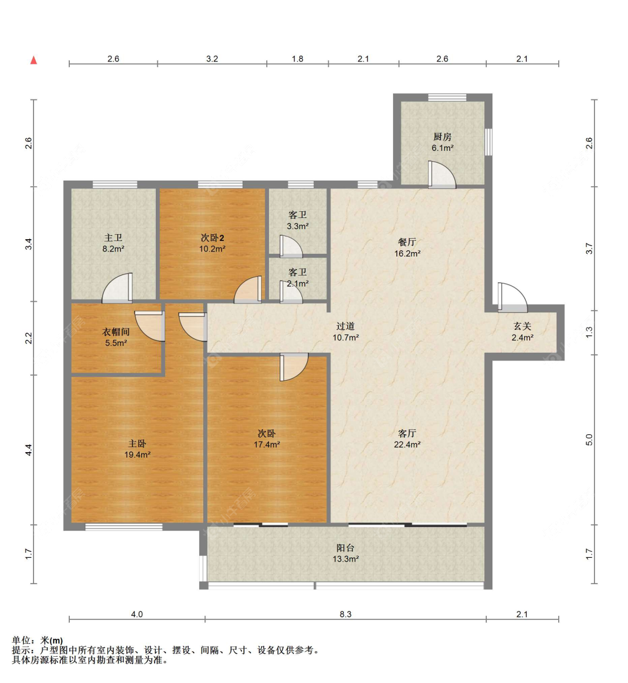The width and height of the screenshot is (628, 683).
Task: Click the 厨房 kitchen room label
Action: pos(442,136)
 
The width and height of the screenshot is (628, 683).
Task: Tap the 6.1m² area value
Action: pos(442,148)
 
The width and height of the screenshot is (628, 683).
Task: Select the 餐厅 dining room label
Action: pos(407,242)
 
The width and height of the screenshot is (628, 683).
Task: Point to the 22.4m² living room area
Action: pos(407,445)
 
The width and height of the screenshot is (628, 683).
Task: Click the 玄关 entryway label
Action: pos(522,326)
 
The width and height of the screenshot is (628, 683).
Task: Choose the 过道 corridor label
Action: pos(346,326)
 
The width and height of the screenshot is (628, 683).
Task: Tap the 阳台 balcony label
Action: pos(346,548)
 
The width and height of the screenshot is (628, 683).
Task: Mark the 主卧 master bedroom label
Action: pos(137,443)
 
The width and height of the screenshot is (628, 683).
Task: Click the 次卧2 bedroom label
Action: pos(212,238)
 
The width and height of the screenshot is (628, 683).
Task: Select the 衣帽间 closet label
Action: pos(116,331)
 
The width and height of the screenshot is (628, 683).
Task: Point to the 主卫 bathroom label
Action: pos(113,238)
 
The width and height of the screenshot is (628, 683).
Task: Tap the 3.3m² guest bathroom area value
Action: pos(298,226)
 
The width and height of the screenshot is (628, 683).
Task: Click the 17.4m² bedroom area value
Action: pos(267,445)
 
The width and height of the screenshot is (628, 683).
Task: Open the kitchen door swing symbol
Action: pos(441,174)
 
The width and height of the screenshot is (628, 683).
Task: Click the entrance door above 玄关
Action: pos(512,297)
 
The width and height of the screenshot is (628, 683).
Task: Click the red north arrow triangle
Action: pos(33,60)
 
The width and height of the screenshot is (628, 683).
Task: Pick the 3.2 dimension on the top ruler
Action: pos(212,59)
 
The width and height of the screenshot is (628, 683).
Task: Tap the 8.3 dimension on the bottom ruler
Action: pos(346,614)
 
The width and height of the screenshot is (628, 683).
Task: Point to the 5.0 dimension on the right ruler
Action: pos(589,440)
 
